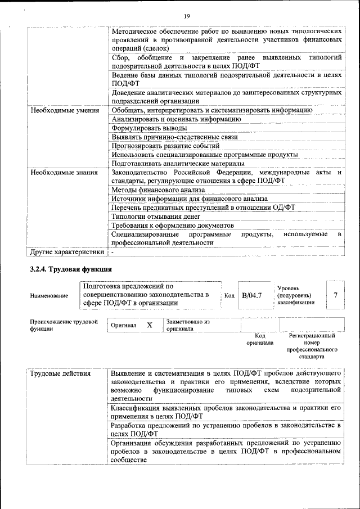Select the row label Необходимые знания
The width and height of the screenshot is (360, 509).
tap(62, 172)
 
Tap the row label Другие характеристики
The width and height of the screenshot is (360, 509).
tap(67, 252)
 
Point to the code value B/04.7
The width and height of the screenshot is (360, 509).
tap(252, 295)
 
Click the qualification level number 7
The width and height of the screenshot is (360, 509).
tap(336, 295)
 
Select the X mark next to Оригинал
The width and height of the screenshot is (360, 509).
tap(150, 325)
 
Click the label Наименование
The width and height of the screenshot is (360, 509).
tap(50, 295)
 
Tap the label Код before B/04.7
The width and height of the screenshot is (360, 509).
tap(229, 295)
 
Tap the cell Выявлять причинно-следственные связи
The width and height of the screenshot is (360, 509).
tap(174, 137)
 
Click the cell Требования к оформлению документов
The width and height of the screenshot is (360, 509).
tap(169, 225)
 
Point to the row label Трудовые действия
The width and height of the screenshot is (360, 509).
tap(61, 373)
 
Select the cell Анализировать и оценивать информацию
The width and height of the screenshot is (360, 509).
tap(176, 119)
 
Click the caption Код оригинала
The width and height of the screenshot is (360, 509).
tap(259, 339)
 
